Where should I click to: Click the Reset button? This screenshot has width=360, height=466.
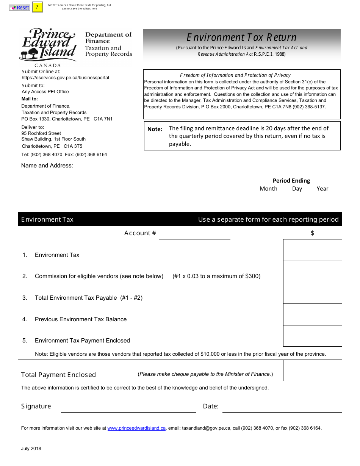pyautogui.click(x=19, y=8)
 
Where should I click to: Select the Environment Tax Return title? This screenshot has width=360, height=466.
pyautogui.click(x=241, y=38)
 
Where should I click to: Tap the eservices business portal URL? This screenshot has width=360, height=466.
pyautogui.click(x=65, y=78)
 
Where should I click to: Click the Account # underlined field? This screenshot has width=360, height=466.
pyautogui.click(x=194, y=234)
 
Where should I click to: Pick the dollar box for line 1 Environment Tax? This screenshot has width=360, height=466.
pyautogui.click(x=303, y=250)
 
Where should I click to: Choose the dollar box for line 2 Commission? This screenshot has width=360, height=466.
pyautogui.click(x=303, y=272)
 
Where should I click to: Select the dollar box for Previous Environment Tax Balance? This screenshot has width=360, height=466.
pyautogui.click(x=303, y=314)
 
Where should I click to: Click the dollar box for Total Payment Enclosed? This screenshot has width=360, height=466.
pyautogui.click(x=303, y=370)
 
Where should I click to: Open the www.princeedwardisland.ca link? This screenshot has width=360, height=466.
pyautogui.click(x=136, y=428)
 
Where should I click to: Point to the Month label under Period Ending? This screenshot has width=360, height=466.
pyautogui.click(x=268, y=189)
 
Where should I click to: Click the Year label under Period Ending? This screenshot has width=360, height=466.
pyautogui.click(x=322, y=189)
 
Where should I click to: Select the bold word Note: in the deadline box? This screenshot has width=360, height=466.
pyautogui.click(x=155, y=129)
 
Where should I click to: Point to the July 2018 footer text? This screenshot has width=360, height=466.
pyautogui.click(x=31, y=449)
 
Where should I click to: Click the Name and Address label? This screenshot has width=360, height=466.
pyautogui.click(x=47, y=166)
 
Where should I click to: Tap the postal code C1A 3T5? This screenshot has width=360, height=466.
pyautogui.click(x=73, y=146)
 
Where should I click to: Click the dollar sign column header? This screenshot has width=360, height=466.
pyautogui.click(x=312, y=233)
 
